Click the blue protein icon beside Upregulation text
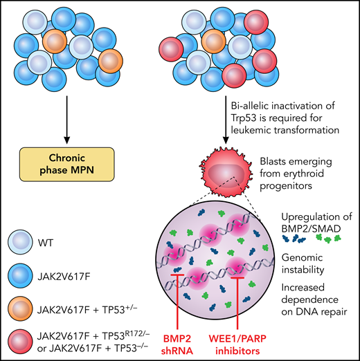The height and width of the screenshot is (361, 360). [x=295, y=238]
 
